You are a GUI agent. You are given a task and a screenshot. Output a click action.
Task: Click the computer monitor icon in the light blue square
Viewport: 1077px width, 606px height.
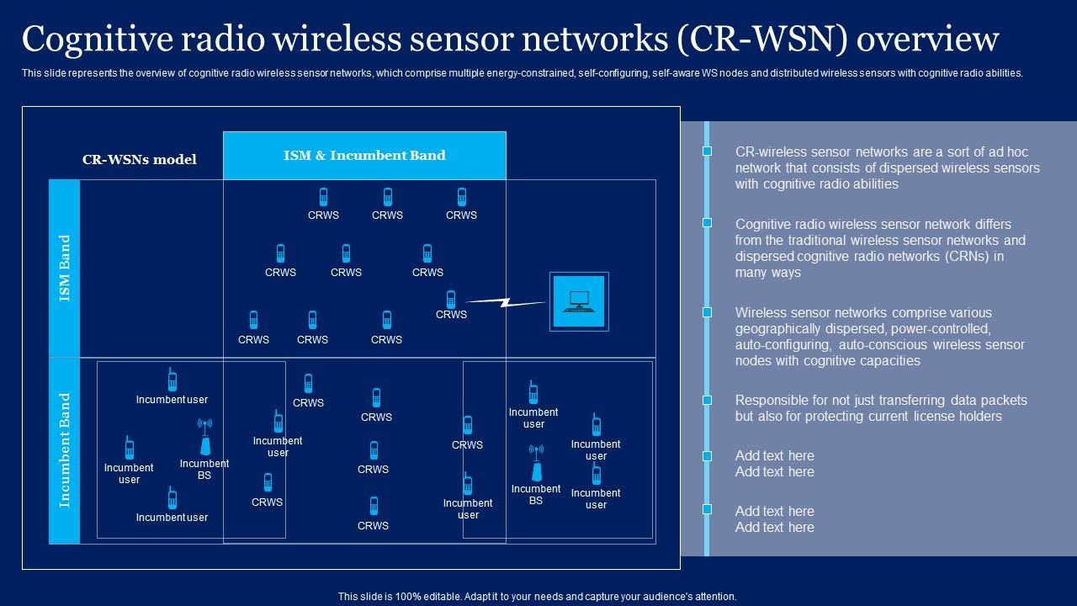(579, 301)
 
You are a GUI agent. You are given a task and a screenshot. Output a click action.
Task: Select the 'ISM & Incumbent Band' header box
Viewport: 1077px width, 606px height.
(364, 156)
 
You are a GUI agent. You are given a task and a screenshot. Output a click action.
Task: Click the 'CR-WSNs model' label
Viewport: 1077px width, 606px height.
(139, 160)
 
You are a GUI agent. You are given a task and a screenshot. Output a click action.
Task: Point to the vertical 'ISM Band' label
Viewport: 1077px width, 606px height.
(65, 268)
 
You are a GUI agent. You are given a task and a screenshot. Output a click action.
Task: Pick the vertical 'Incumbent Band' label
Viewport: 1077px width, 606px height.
(65, 450)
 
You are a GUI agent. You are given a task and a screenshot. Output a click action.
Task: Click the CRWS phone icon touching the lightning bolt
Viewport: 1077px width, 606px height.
(451, 299)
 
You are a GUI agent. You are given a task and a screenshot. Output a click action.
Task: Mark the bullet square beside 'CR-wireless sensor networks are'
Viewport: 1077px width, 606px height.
(708, 151)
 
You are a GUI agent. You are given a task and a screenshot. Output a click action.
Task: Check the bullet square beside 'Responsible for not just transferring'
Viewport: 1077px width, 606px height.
(708, 400)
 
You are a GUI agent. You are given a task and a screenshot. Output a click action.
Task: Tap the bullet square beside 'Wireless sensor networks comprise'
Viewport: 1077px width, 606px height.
(708, 312)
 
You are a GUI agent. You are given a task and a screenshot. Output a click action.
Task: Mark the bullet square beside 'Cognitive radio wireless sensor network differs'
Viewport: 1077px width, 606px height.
(708, 223)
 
